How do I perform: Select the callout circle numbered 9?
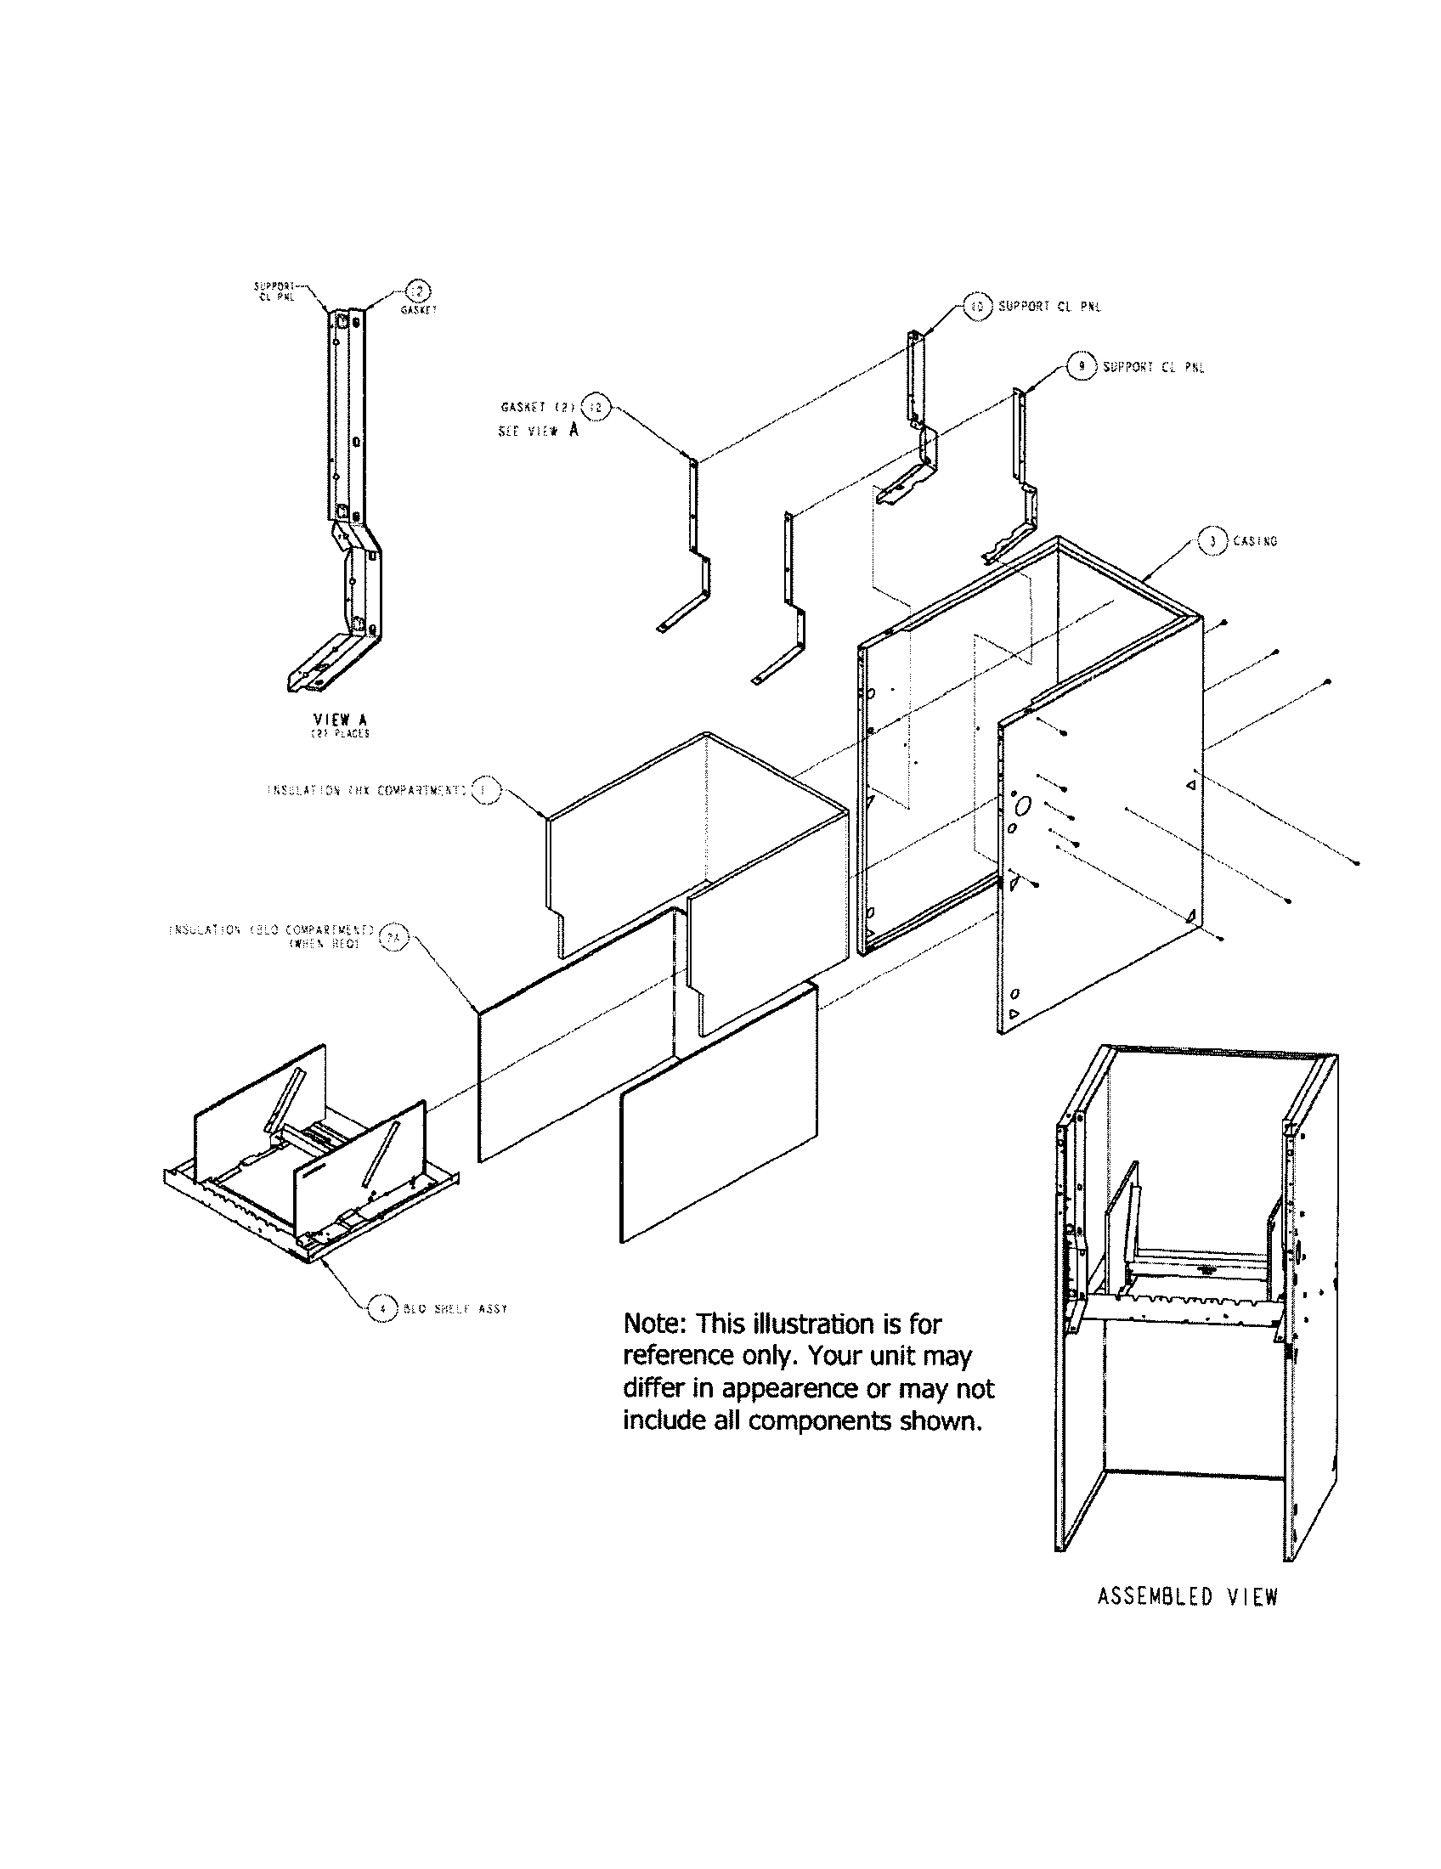pyautogui.click(x=1082, y=367)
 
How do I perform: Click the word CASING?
pyautogui.click(x=1254, y=541)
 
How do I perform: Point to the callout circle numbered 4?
pyautogui.click(x=382, y=1308)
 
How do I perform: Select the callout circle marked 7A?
pyautogui.click(x=394, y=937)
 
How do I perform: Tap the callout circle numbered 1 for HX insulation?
pyautogui.click(x=484, y=790)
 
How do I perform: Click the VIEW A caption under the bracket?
pyautogui.click(x=340, y=720)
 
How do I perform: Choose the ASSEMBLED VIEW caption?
pyautogui.click(x=1187, y=1597)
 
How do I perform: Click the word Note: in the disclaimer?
pyautogui.click(x=654, y=1324)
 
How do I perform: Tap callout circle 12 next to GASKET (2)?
pyautogui.click(x=596, y=407)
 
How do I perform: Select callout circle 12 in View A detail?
pyautogui.click(x=418, y=293)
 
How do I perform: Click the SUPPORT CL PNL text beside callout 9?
pyautogui.click(x=1153, y=367)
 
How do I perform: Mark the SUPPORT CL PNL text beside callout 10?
pyautogui.click(x=1049, y=307)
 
